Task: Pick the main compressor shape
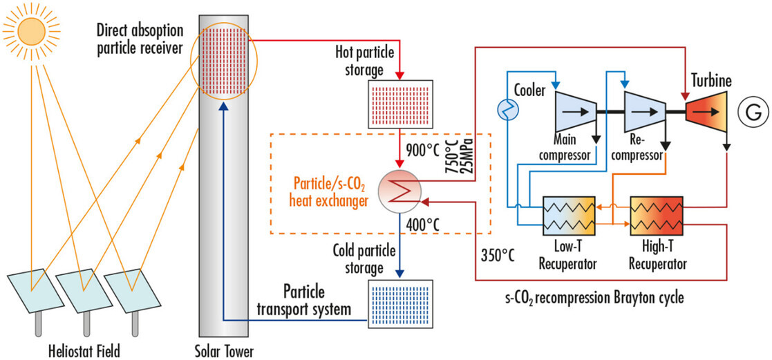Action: point(574,108)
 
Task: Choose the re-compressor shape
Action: point(644,108)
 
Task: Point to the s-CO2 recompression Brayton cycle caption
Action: point(596,298)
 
